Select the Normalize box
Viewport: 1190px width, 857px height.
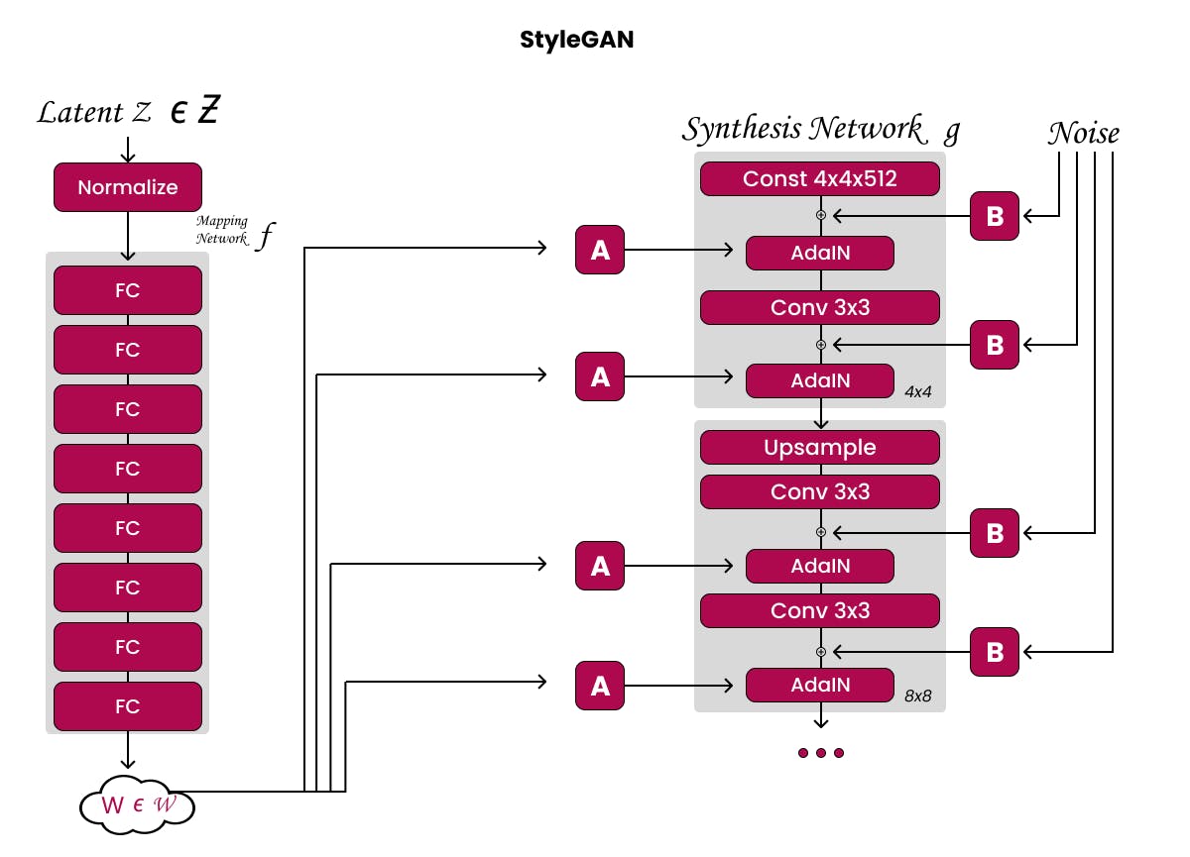(128, 187)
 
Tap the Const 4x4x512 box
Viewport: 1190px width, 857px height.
(820, 179)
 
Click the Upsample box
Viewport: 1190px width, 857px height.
(820, 448)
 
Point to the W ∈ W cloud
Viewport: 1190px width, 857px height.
(137, 804)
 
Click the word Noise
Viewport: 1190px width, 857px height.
(1084, 133)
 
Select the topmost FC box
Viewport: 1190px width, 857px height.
(128, 291)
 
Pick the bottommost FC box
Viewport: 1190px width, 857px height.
(128, 706)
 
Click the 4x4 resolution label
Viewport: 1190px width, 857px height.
(918, 392)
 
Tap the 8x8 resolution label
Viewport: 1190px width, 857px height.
(918, 696)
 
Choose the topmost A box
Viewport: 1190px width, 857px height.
(600, 250)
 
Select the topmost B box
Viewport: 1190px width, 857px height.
(995, 216)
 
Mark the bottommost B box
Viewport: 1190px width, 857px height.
(995, 652)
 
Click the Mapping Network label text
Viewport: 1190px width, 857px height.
(222, 230)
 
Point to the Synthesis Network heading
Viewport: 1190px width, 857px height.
(802, 129)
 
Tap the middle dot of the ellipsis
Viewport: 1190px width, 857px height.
(821, 753)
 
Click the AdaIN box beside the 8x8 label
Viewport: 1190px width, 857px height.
(820, 685)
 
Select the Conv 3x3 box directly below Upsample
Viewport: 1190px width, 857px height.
(820, 491)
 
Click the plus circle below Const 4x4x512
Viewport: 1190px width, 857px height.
(821, 214)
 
